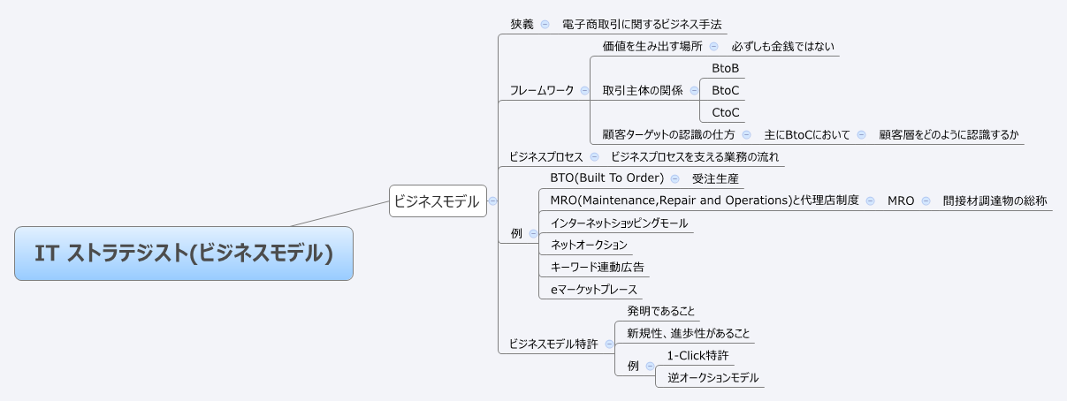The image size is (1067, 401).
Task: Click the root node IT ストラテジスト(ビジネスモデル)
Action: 184,253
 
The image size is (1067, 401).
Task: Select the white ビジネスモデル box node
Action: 438,201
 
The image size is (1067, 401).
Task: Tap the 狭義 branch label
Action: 522,24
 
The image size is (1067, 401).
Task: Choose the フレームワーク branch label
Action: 542,90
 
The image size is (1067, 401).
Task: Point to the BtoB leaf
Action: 725,68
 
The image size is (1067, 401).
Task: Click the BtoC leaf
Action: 725,90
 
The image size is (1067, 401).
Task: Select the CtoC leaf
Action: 725,112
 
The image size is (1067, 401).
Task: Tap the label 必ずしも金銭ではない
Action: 782,46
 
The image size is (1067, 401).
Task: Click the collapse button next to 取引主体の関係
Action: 694,90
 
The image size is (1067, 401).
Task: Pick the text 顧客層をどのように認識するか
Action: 949,134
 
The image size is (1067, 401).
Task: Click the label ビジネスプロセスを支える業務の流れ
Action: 694,156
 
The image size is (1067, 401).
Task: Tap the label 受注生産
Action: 715,178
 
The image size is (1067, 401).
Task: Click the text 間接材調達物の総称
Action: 995,200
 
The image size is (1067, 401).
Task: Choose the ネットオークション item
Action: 589,245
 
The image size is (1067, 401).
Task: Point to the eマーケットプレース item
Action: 593,289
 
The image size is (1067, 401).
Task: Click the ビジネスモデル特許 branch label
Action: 553,344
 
